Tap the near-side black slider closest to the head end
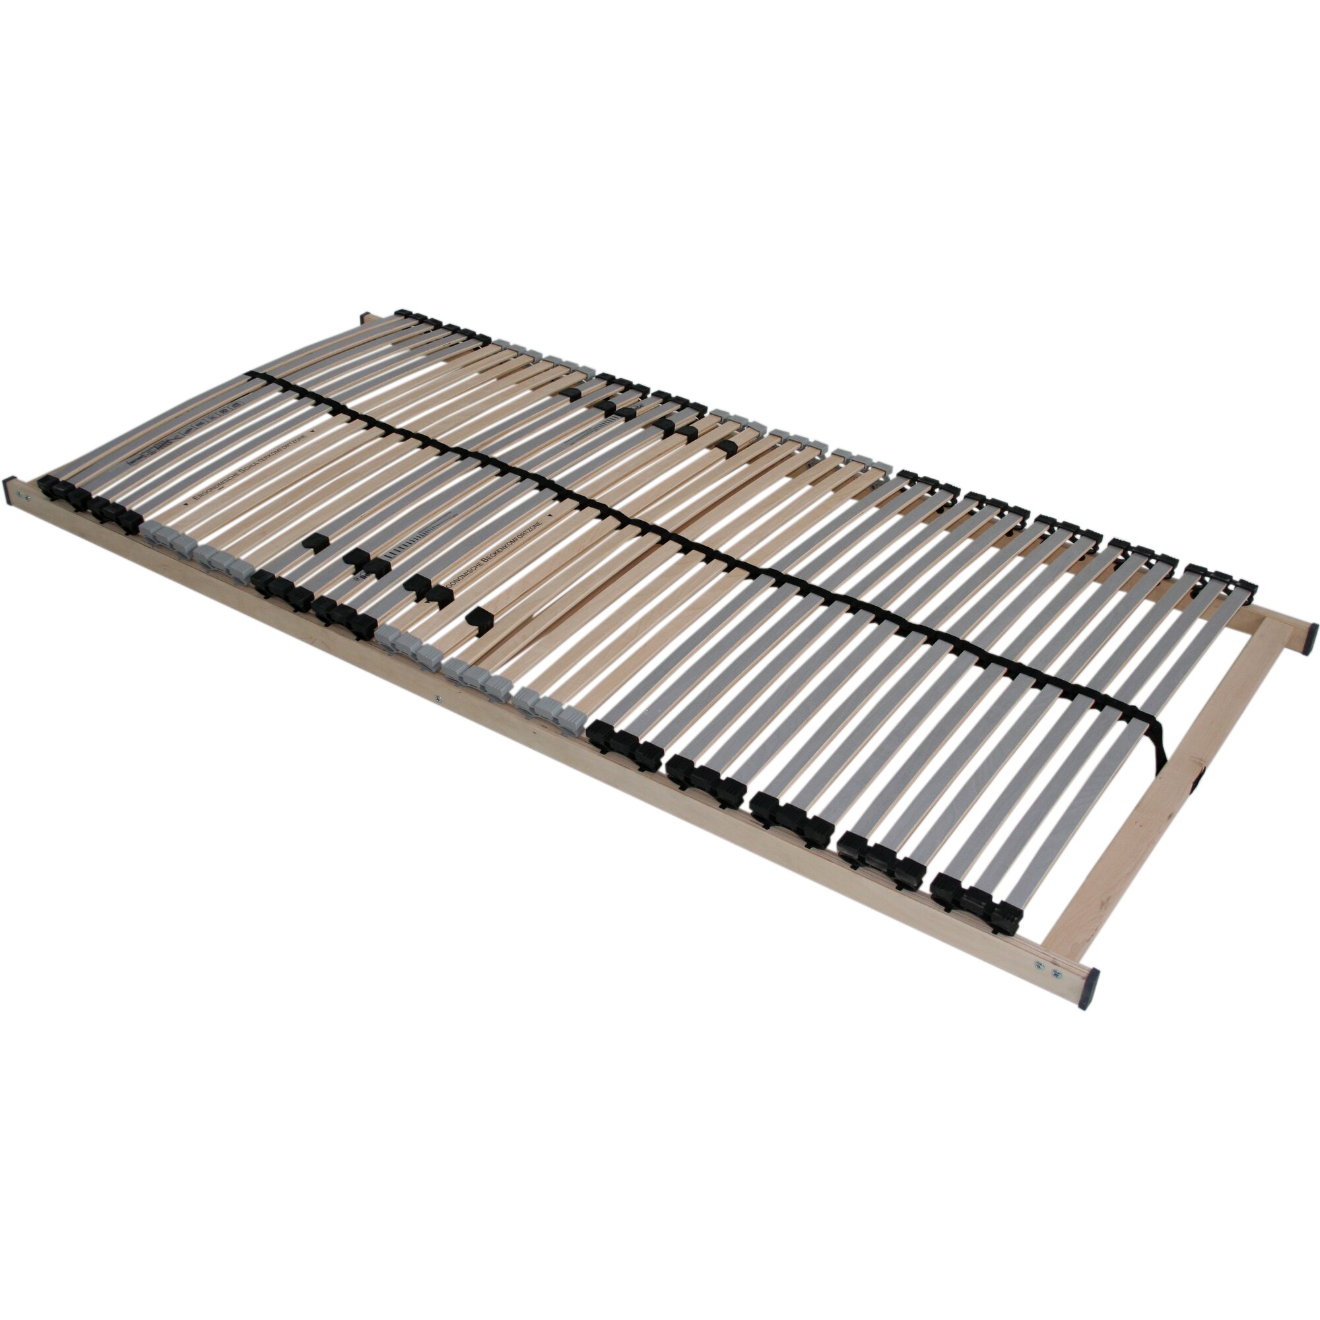coord(314,543)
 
